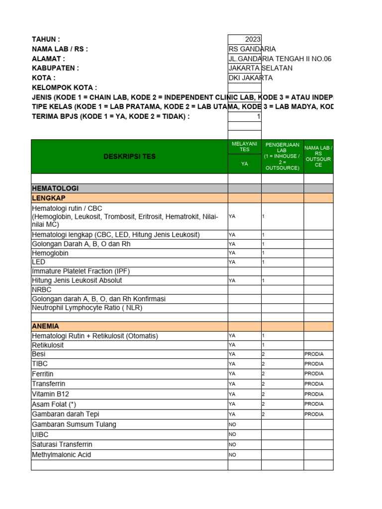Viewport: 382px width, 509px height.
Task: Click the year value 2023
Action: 252,40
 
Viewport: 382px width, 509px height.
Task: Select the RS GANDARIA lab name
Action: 252,49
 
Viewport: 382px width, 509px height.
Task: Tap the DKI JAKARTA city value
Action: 250,78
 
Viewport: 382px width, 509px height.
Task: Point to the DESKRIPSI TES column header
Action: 129,157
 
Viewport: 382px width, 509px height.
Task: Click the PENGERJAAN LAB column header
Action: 282,156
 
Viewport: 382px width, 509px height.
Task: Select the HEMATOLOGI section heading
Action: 55,188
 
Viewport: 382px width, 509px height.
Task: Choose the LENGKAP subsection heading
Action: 49,198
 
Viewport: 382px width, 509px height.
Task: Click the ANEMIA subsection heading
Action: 46,326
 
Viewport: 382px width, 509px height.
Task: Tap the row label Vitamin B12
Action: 50,394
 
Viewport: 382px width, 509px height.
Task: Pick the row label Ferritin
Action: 43,374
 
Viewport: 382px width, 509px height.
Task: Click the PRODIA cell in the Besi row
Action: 314,354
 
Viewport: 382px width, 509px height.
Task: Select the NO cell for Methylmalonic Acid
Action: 232,455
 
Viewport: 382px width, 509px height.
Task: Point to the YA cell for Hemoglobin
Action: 232,253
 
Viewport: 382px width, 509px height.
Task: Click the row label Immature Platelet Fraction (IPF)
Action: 81,271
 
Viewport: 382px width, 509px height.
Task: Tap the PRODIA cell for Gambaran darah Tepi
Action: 314,414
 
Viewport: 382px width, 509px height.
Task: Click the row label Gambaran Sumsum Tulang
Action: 74,424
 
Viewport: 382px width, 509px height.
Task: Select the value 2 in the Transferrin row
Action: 264,384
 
